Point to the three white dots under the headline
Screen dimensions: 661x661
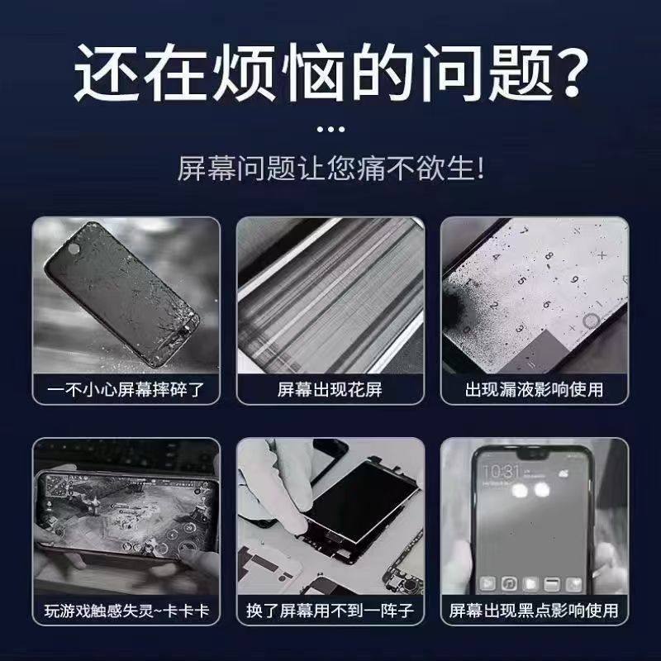coord(330,129)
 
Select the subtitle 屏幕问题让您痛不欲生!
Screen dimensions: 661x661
coord(330,170)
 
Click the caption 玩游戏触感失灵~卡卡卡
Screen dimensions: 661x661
coord(125,611)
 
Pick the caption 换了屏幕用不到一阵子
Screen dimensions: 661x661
coord(330,611)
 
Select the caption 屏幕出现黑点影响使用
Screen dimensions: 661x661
coord(535,611)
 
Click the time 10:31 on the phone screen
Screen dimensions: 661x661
coord(501,470)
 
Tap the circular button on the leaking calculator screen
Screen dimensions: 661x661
coord(591,321)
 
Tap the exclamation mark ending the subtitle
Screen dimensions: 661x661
coord(478,170)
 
